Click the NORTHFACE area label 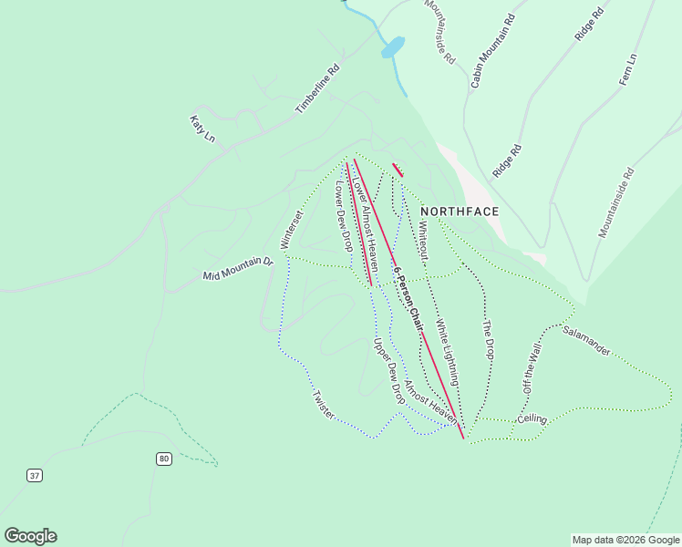(460, 212)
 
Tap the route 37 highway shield (35, 475)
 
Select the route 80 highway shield (163, 458)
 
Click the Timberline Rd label (316, 88)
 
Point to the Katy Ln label (201, 129)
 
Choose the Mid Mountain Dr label (237, 269)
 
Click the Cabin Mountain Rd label (492, 51)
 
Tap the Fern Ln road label (627, 70)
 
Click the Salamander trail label (585, 337)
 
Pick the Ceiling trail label (532, 419)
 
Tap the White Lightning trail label (446, 349)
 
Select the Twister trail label (324, 405)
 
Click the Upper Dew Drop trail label (388, 371)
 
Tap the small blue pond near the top (392, 46)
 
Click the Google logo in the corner (30, 536)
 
